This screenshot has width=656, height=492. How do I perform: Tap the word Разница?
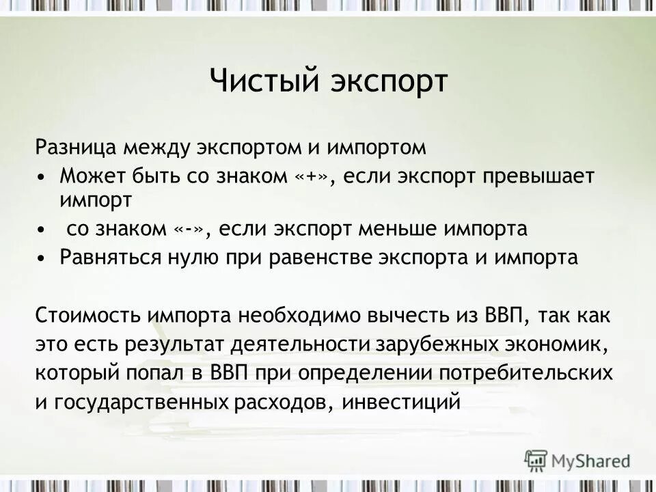coord(78,147)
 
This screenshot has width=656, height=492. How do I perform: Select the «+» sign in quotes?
coord(314,176)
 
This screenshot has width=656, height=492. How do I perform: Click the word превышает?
coord(538,176)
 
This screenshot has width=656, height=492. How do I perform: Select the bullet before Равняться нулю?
coord(43,258)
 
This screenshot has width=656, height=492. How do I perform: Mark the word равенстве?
coord(363,258)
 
